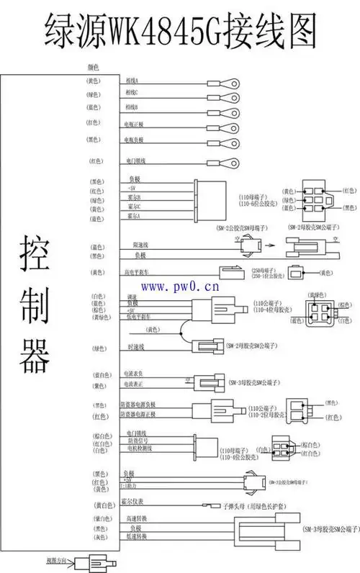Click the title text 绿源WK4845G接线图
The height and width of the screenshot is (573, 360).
point(180,30)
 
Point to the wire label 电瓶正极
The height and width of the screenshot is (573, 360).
point(134,125)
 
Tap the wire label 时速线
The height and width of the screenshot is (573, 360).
point(135,348)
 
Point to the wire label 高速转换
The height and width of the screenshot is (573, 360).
point(135,518)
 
